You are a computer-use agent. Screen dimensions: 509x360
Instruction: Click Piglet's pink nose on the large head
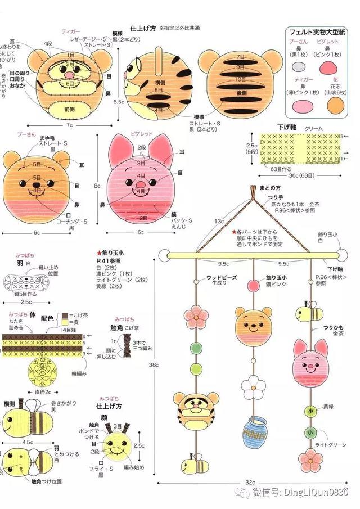click(141, 184)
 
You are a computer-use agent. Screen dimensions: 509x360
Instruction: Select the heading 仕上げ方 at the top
click(143, 28)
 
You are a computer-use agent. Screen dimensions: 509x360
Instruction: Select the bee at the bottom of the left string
click(187, 465)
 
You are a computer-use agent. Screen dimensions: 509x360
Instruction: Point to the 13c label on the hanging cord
click(219, 222)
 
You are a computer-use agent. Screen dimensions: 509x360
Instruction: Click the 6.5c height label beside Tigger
click(119, 102)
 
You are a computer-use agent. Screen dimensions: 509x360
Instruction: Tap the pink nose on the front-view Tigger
click(69, 74)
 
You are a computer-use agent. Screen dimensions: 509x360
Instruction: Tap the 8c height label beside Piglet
click(97, 185)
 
